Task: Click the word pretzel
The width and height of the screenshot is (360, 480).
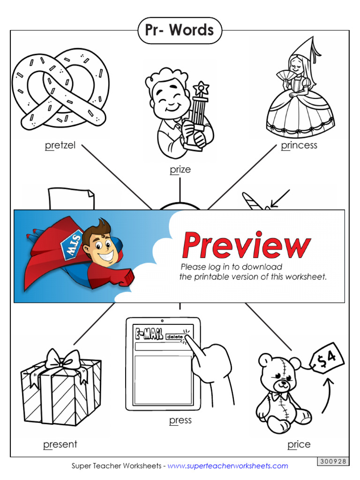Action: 60,145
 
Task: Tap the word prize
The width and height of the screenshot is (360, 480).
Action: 180,169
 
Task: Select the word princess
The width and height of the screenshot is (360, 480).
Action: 299,145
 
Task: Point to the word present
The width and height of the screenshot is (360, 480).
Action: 60,444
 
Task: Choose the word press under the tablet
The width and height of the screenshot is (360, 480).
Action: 180,420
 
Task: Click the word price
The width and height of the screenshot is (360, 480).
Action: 299,444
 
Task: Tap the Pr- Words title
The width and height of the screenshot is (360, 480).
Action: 180,30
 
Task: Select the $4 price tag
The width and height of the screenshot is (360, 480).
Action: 328,359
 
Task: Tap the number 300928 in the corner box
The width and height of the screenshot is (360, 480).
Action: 333,461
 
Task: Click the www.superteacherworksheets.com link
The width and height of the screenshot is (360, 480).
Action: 228,466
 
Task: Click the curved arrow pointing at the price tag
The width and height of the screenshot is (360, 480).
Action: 328,394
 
